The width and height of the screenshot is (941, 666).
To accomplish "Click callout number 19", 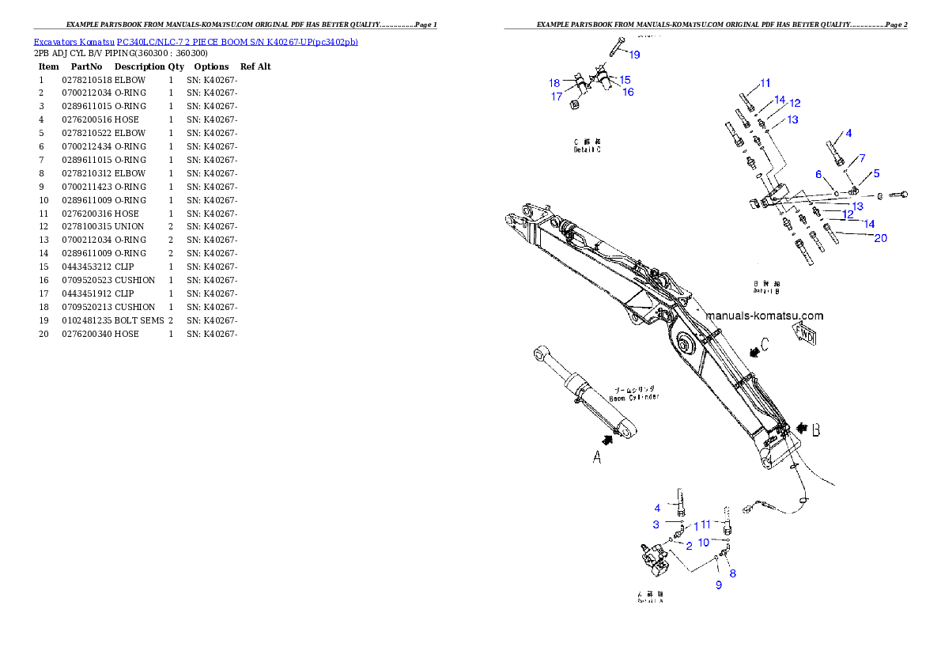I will (634, 55).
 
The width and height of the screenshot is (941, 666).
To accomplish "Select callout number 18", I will (554, 83).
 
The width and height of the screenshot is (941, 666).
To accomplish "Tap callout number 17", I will (557, 96).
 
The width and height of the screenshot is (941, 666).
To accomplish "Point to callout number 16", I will (628, 92).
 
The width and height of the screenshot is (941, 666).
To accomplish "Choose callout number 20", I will (880, 237).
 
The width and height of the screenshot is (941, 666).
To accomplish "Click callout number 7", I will (862, 158).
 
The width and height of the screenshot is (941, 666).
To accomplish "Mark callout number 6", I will (819, 174).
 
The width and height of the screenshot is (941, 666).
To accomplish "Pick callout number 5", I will (876, 172).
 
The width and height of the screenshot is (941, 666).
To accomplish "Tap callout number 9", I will (719, 585).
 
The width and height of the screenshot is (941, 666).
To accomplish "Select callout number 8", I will (733, 573).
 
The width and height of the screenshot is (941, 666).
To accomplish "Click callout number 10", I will (703, 543).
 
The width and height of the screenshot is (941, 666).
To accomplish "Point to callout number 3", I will (656, 524).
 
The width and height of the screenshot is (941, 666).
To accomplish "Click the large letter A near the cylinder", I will (598, 456).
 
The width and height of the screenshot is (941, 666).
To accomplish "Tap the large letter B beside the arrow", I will (816, 430).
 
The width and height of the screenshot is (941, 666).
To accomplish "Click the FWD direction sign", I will (805, 333).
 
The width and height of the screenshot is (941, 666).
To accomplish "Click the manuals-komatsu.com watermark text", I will (764, 316).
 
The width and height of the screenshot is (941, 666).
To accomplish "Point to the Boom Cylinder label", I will (637, 394).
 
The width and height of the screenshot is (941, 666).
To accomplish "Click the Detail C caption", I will (587, 146).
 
